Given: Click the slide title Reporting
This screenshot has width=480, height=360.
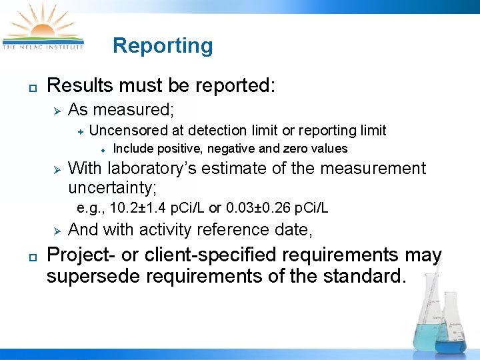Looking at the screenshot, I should coord(163,45).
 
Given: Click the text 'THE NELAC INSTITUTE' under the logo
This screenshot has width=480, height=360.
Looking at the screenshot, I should coord(43,47).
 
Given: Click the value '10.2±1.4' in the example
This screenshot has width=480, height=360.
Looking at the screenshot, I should coord(135,209).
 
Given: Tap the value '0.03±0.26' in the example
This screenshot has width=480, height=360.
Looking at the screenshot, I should coord(257,209).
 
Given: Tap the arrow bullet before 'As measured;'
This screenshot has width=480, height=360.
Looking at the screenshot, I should coord(57,110).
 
